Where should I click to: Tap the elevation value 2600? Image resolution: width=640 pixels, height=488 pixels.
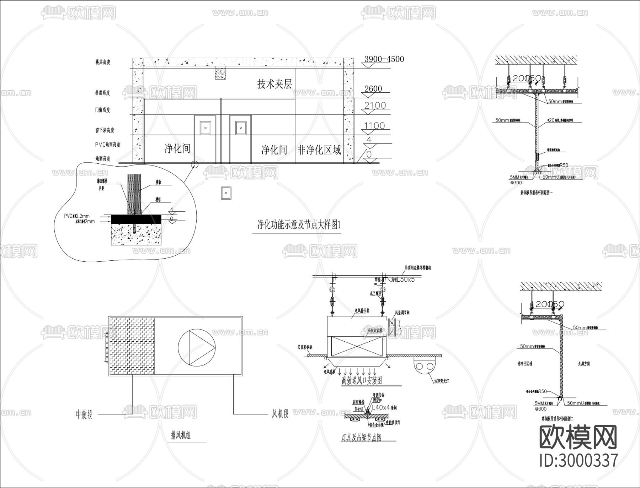373,89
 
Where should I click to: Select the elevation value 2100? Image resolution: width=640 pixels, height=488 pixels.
375,105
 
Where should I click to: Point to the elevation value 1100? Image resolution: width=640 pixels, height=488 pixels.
374,126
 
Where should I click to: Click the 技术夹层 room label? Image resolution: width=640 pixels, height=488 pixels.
274,84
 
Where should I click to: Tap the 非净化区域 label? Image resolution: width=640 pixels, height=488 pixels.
319,150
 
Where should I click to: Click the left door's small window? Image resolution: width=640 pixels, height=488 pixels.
205,128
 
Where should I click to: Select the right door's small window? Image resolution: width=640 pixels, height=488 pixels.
241,128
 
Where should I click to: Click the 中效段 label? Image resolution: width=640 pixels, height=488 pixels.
84,414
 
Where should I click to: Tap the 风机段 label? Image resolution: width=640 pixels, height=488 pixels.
280,414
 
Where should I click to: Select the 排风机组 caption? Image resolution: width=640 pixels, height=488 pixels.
181,435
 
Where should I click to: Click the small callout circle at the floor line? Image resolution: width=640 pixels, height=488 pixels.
194,164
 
